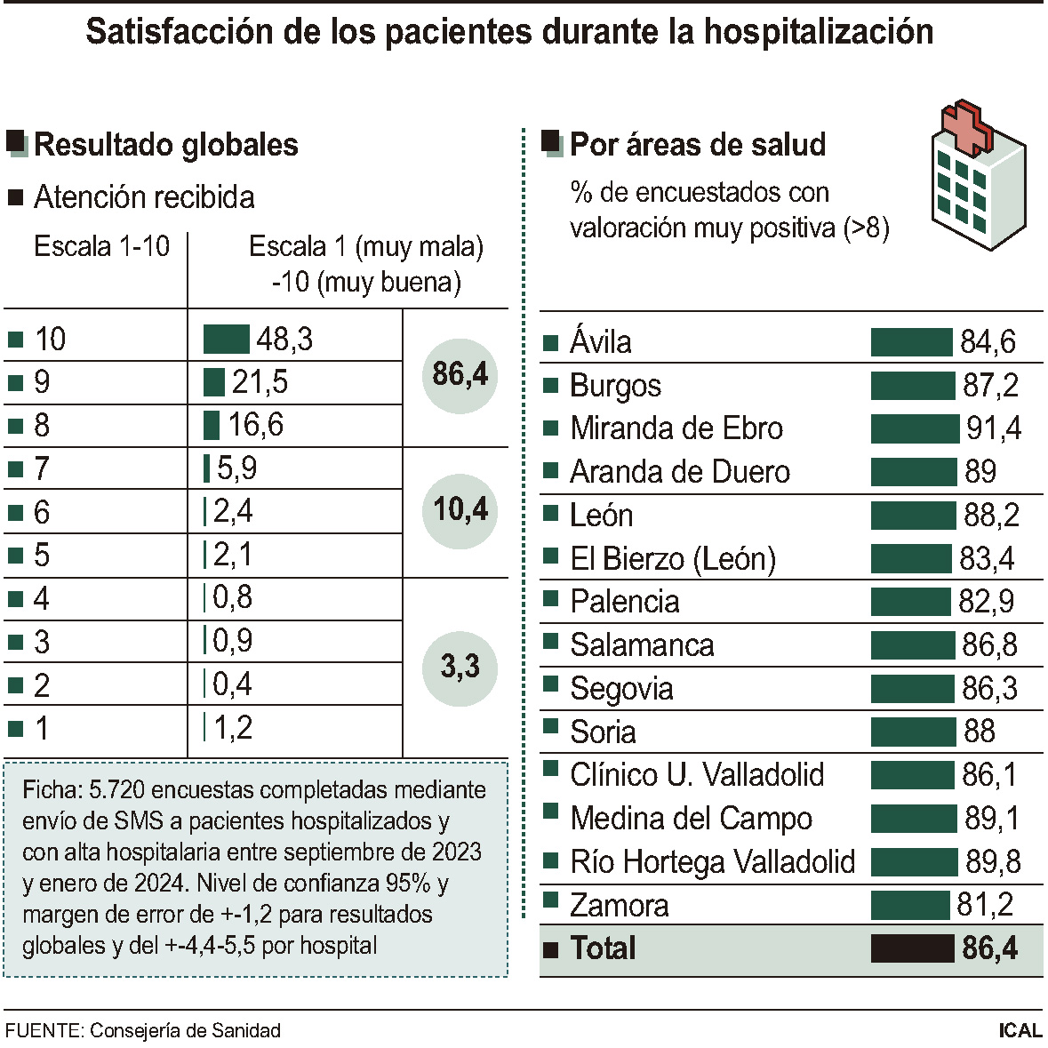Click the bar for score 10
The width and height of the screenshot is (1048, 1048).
point(226,340)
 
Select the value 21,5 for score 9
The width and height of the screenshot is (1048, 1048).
point(260,382)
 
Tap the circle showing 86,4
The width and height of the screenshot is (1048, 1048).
point(460,375)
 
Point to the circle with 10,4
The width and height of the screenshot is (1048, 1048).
point(460,510)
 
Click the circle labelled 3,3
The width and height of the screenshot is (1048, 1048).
point(460,667)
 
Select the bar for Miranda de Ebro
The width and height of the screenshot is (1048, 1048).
point(915,428)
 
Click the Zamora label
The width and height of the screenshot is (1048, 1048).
point(619,905)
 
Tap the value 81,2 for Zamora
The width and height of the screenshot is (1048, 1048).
point(985,905)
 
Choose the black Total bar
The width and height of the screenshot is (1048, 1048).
point(912,948)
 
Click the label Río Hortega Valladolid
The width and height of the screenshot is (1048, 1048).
point(712,861)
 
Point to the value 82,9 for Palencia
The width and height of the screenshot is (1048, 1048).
point(986,602)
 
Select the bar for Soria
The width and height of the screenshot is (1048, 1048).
point(913,732)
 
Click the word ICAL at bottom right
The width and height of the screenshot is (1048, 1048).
point(1020,1030)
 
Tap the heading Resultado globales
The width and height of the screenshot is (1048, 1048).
point(166,145)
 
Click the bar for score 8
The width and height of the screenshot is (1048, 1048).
point(212,425)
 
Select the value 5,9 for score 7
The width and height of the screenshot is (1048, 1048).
point(236,468)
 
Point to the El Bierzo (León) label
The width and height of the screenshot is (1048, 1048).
point(673,558)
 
